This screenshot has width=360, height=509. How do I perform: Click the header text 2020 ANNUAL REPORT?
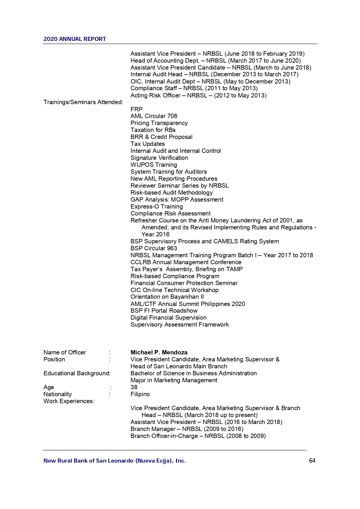pos(75,39)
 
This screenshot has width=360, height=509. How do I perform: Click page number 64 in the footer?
pos(312,461)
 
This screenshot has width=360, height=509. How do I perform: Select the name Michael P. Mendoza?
pos(159,352)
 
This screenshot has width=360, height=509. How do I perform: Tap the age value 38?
pos(134,387)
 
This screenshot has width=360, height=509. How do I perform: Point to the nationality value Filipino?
pos(140,394)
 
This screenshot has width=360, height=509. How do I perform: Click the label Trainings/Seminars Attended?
pos(83,102)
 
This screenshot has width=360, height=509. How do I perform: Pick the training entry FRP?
pos(136,109)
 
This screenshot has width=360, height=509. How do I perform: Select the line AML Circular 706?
pos(154,116)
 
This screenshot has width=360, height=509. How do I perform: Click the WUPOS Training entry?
pos(153,165)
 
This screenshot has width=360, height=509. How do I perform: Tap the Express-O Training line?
pos(156,207)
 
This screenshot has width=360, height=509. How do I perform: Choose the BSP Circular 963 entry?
pos(153,248)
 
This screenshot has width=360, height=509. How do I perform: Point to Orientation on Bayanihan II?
pos(167,297)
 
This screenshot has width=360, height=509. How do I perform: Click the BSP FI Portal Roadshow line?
pos(164,311)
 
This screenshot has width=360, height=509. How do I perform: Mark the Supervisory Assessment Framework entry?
pos(179,325)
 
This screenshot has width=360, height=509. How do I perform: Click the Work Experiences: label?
pos(69,401)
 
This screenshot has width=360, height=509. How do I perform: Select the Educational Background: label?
pos(77,373)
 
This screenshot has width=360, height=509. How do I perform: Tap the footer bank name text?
pos(114,461)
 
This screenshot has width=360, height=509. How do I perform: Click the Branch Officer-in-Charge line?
pos(198,436)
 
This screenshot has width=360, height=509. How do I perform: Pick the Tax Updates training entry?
pos(147,144)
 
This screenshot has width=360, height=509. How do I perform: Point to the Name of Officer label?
pos(64,352)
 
